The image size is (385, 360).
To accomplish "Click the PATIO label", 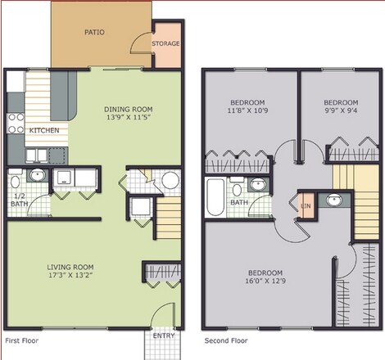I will (94, 34).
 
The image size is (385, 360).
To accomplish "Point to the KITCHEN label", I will (43, 130).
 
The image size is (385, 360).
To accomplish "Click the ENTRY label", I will (164, 335).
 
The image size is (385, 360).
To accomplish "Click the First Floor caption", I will (22, 340).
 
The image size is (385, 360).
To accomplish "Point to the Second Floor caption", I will (226, 340).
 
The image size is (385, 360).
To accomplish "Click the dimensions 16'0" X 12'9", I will (265, 282).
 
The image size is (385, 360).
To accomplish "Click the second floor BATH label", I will (239, 202).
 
